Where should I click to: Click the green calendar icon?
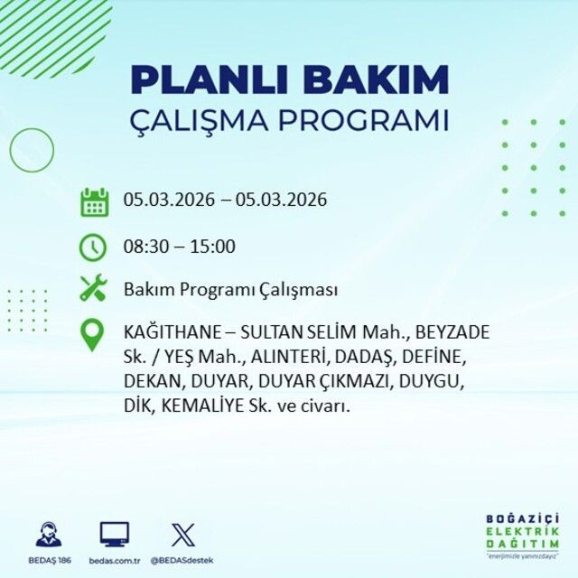pyautogui.click(x=94, y=201)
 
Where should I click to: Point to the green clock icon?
pyautogui.click(x=94, y=246)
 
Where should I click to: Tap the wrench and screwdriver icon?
pyautogui.click(x=94, y=289)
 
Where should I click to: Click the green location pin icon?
pyautogui.click(x=93, y=335)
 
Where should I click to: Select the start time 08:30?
pyautogui.click(x=143, y=246)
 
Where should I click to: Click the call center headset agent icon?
pyautogui.click(x=49, y=534)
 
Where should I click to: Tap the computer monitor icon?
pyautogui.click(x=115, y=534)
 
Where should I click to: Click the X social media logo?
pyautogui.click(x=182, y=534)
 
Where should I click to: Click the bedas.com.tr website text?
pyautogui.click(x=115, y=561)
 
